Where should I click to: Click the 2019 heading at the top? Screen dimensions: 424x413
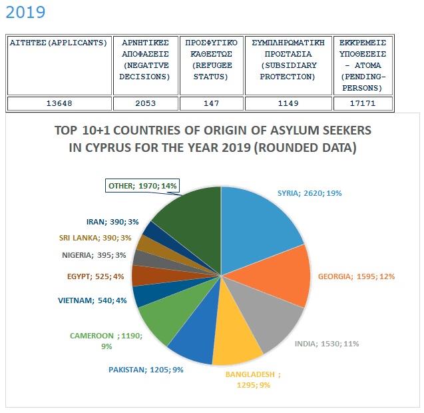[25, 12]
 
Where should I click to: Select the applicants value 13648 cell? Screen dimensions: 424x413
[59, 103]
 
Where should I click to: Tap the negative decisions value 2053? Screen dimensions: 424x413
[146, 103]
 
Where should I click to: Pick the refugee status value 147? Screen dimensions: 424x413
[211, 103]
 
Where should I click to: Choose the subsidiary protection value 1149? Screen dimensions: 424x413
[288, 103]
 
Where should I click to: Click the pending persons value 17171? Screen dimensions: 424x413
[363, 103]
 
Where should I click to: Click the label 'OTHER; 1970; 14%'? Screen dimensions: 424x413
[142, 186]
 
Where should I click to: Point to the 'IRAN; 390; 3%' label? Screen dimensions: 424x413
[112, 222]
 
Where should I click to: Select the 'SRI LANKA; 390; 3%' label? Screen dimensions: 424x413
[95, 238]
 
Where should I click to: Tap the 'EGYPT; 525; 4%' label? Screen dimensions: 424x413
[95, 276]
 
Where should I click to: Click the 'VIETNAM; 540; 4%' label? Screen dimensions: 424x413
[93, 300]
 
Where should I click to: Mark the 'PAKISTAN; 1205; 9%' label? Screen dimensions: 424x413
[146, 370]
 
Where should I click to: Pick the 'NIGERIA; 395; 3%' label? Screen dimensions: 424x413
[94, 255]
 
